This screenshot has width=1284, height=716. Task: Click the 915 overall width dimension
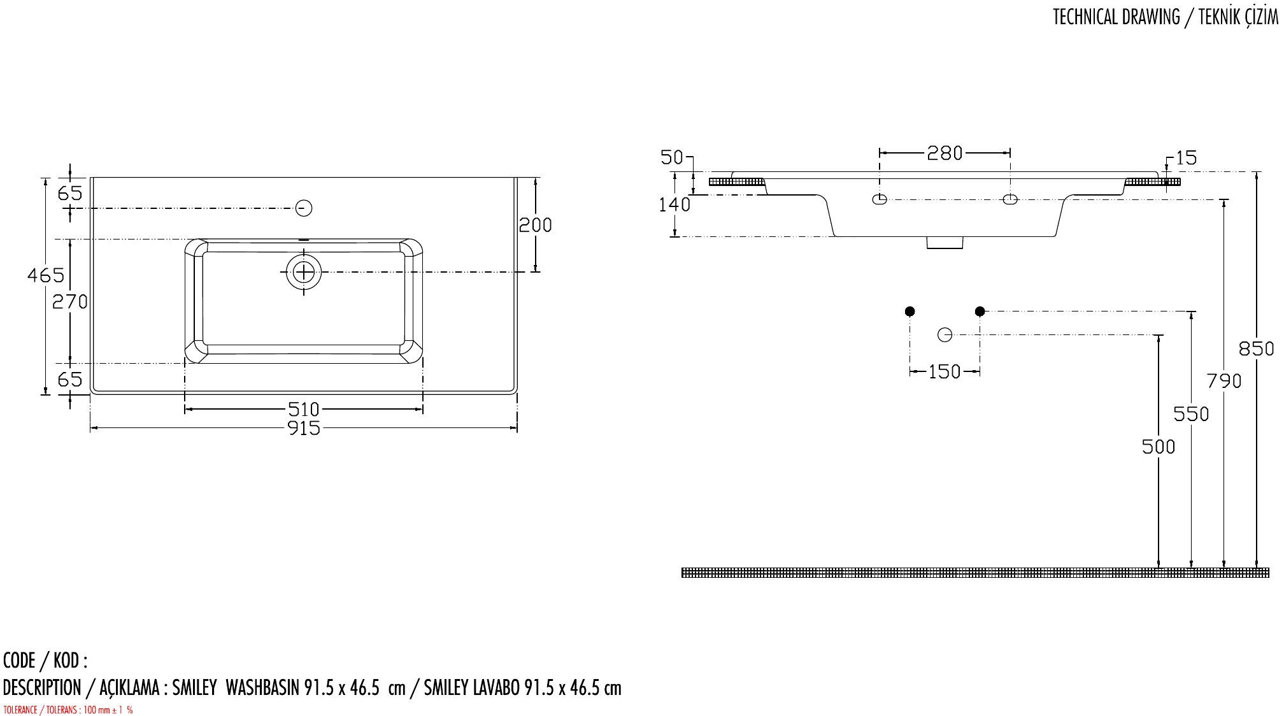click(304, 429)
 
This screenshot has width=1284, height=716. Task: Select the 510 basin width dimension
click(304, 409)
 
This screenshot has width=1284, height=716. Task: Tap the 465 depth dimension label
click(46, 275)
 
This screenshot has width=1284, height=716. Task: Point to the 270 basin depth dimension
click(70, 301)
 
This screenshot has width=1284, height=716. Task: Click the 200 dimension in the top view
click(535, 225)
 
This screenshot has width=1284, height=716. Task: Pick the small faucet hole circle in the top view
click(304, 208)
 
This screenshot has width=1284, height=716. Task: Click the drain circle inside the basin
click(304, 272)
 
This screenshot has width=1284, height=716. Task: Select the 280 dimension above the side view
click(945, 153)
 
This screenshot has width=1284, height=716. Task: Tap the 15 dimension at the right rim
click(1186, 157)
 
